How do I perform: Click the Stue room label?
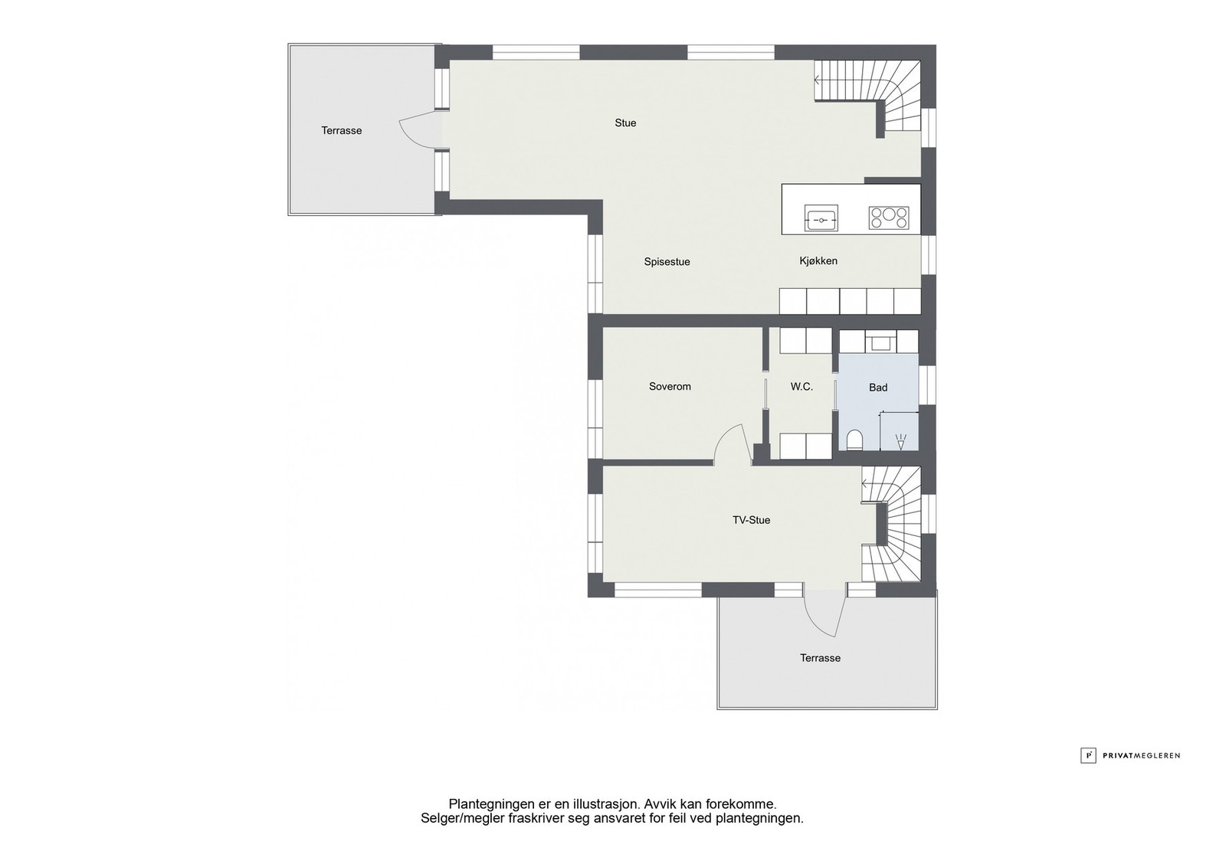[x=625, y=123]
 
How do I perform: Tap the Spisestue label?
[x=667, y=262]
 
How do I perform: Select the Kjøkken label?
[x=818, y=261]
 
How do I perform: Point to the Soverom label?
[x=670, y=387]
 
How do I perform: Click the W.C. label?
[x=801, y=387]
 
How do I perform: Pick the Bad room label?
[x=878, y=388]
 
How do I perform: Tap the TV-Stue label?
[x=751, y=520]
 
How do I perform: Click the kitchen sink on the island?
[x=821, y=218]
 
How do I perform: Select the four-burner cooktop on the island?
[x=889, y=218]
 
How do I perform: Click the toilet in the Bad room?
[x=854, y=439]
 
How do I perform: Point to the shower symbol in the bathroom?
[x=900, y=441]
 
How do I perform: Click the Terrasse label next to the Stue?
[x=342, y=131]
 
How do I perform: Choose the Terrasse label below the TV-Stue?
[x=820, y=658]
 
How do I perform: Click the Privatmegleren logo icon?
[x=1088, y=755]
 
